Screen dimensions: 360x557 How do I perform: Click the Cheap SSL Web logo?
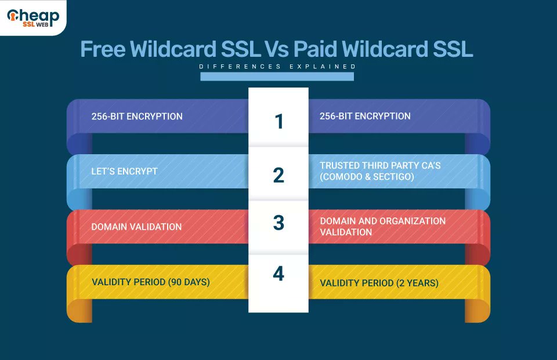[33, 17]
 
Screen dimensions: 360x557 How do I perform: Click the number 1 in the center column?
[278, 121]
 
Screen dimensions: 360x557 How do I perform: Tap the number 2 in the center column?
[278, 175]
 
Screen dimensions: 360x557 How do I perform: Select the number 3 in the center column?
[278, 223]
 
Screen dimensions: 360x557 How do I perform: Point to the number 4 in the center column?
[278, 274]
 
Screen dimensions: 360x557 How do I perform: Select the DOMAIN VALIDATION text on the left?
[136, 227]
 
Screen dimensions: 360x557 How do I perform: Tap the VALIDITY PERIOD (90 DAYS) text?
[150, 282]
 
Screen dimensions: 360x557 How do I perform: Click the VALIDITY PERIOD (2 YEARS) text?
[379, 283]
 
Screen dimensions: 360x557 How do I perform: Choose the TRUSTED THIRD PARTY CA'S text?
[380, 166]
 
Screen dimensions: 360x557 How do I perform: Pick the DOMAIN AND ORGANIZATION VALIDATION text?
[382, 227]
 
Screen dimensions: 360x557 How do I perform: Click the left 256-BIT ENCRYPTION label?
[137, 116]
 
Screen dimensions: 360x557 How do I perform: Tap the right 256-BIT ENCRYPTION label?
[365, 116]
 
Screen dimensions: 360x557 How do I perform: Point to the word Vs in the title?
[277, 49]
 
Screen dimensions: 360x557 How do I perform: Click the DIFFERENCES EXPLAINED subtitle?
[277, 67]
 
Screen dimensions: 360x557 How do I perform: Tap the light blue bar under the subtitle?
[277, 77]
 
